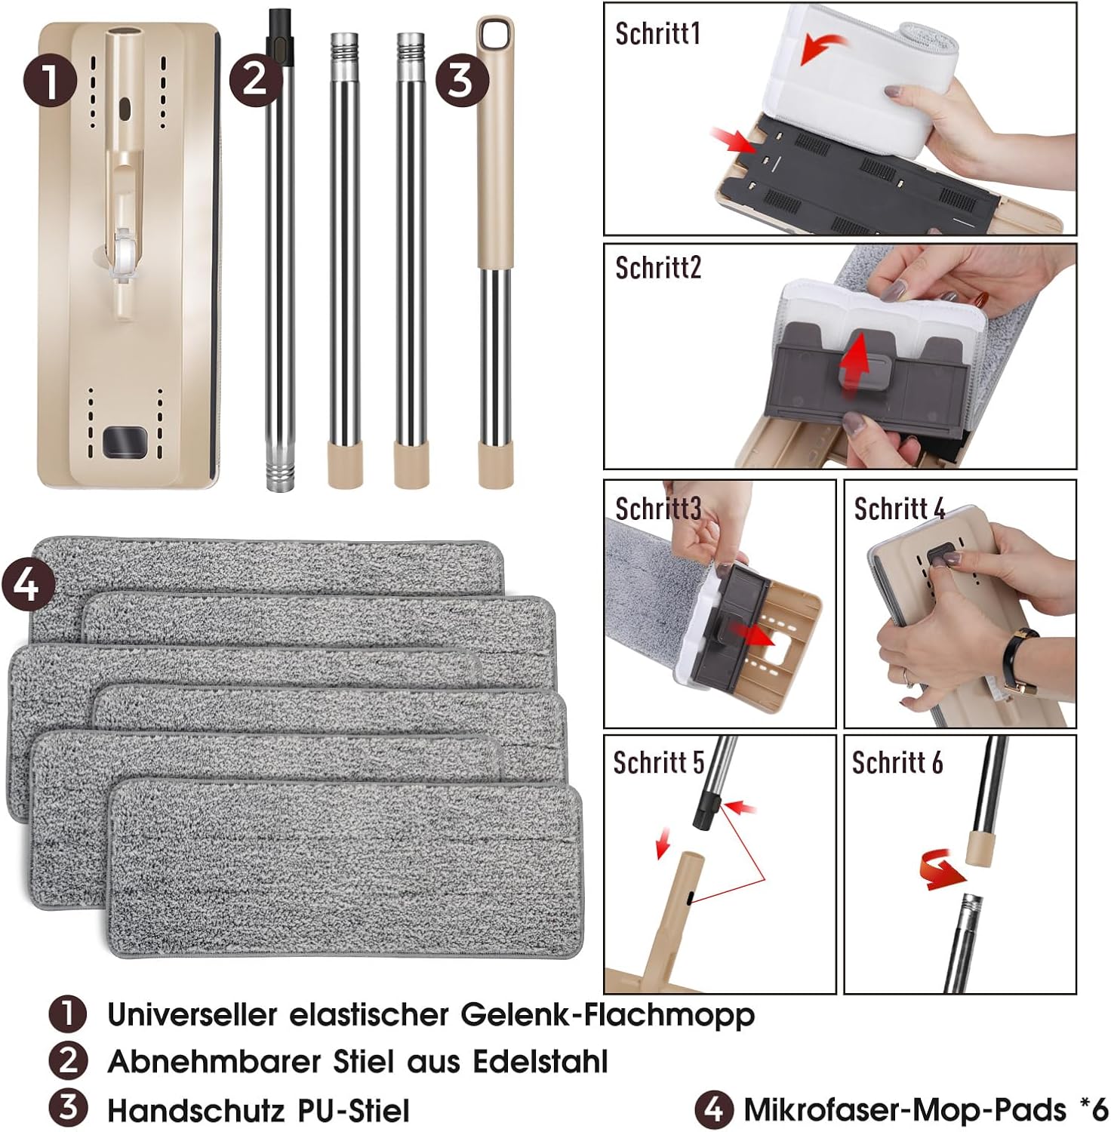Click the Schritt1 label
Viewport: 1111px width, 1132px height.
[658, 34]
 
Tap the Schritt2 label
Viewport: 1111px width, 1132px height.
[658, 268]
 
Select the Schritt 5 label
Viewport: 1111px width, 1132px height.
[658, 763]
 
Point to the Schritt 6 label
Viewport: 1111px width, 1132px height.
[897, 763]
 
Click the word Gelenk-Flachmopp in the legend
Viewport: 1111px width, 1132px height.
[608, 1015]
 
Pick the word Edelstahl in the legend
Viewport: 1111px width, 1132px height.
[540, 1062]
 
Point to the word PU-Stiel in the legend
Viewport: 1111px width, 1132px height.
[354, 1111]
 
